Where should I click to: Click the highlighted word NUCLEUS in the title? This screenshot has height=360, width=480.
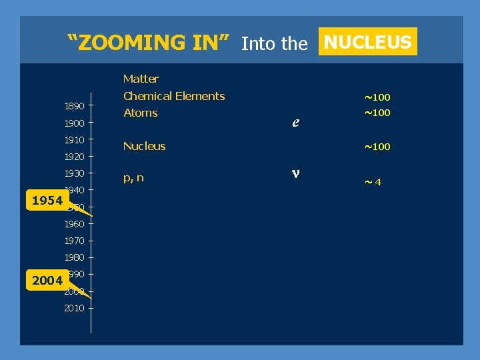point(367,42)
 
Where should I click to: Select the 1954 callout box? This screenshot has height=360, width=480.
point(47,201)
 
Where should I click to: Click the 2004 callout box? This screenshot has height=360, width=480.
point(47,281)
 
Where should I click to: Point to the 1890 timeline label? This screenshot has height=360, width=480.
point(74,106)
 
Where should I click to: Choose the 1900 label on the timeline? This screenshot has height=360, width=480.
point(74,123)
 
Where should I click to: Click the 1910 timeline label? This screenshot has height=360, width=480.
point(74,140)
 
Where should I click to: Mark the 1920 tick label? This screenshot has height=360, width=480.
point(74,157)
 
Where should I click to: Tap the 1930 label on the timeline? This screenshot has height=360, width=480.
point(74,173)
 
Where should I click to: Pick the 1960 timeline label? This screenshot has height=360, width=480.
point(74,224)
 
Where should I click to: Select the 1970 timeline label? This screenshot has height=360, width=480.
point(74,241)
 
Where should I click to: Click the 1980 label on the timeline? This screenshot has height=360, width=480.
point(74,257)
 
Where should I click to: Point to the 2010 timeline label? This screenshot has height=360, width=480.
point(74,308)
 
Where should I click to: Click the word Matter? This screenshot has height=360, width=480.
point(141,79)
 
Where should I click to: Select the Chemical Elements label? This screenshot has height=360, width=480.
point(174,96)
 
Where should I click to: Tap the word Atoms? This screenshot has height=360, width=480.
point(141,113)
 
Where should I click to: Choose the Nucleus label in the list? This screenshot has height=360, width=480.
point(145,146)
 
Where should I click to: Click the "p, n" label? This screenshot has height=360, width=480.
point(133,178)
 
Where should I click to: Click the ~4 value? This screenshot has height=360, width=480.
point(372,181)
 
